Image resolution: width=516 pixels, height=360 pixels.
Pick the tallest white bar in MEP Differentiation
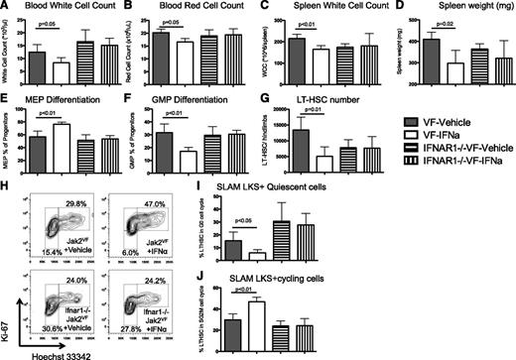[62, 139]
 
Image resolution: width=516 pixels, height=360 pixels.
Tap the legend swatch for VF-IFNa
[389, 131]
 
